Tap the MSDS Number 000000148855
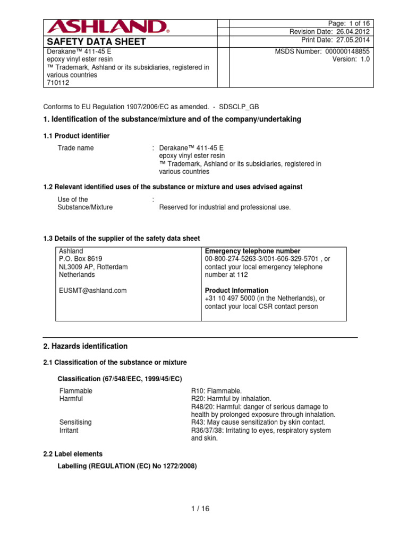pyautogui.click(x=322, y=51)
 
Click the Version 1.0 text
pyautogui.click(x=351, y=59)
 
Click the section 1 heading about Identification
pyautogui.click(x=172, y=119)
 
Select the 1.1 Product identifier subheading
pyautogui.click(x=76, y=136)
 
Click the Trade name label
pyautogui.click(x=75, y=148)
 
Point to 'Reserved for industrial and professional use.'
pyautogui.click(x=225, y=207)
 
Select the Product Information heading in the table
pyautogui.click(x=236, y=291)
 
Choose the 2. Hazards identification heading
pyautogui.click(x=85, y=346)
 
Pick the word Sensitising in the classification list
pyautogui.click(x=75, y=422)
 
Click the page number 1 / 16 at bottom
pyautogui.click(x=200, y=509)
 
